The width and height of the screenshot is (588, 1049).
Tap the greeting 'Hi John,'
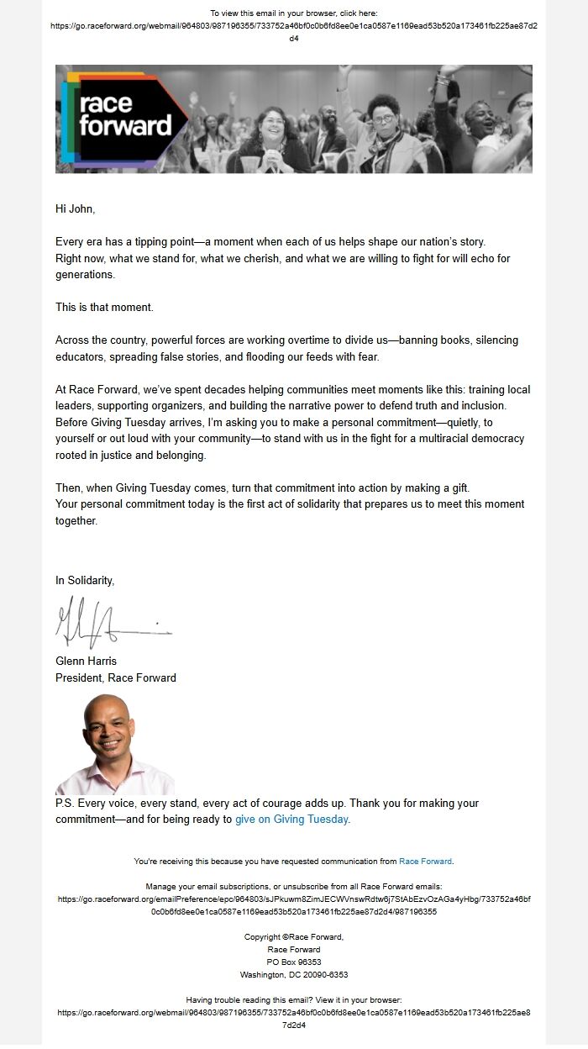pos(81,208)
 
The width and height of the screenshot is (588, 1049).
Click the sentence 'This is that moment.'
pos(104,307)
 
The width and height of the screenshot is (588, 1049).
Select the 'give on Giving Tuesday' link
pos(291,819)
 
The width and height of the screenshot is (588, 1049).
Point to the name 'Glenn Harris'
pos(86,661)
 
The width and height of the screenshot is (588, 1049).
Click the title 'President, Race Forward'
pos(116,677)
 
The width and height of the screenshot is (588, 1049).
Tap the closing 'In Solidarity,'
pos(85,580)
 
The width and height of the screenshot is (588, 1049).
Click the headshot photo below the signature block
pos(114,744)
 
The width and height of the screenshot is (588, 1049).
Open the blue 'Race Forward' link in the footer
pos(425,861)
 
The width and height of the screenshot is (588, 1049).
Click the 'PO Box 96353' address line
pos(294,962)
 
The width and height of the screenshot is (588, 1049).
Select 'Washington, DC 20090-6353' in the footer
pos(294,974)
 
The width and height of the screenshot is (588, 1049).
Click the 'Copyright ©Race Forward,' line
pos(294,936)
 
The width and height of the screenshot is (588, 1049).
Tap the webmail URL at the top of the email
pos(294,26)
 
